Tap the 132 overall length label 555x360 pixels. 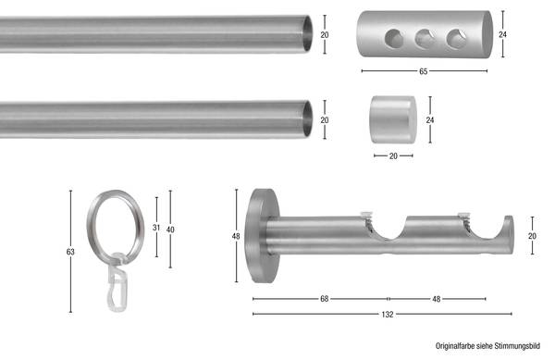click(388, 315)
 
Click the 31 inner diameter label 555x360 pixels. click(157, 228)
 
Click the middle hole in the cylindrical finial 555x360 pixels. click(425, 38)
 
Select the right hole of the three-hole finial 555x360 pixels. click(455, 38)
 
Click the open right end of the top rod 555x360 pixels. click(309, 33)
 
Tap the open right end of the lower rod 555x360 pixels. click(309, 119)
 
